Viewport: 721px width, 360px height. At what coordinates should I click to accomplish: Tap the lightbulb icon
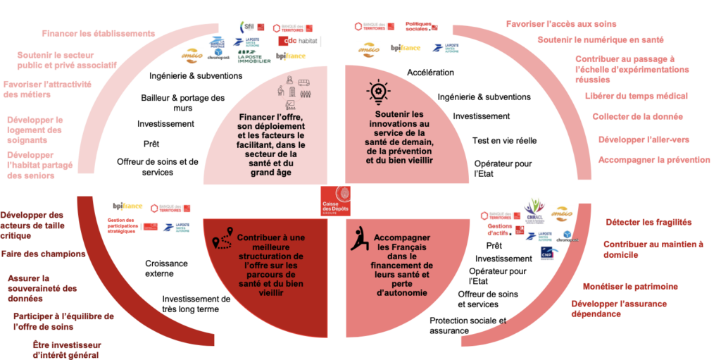[x=377, y=94]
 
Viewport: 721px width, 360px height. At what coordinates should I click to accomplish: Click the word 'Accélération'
[x=430, y=72]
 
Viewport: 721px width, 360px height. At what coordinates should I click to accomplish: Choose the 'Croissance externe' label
[x=167, y=268]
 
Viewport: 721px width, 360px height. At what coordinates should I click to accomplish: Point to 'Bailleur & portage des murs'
[x=182, y=102]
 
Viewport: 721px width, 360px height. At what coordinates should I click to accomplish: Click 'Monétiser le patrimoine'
[x=630, y=287]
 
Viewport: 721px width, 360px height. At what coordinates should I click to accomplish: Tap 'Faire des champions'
[x=44, y=254]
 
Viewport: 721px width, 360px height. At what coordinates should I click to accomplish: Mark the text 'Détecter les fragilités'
[x=648, y=222]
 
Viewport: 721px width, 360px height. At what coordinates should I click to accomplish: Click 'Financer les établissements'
[x=98, y=33]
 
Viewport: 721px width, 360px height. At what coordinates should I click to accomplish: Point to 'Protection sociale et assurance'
[x=468, y=325]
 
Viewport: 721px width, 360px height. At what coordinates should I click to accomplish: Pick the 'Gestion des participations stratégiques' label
[x=123, y=226]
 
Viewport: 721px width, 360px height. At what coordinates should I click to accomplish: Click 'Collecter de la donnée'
[x=636, y=117]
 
